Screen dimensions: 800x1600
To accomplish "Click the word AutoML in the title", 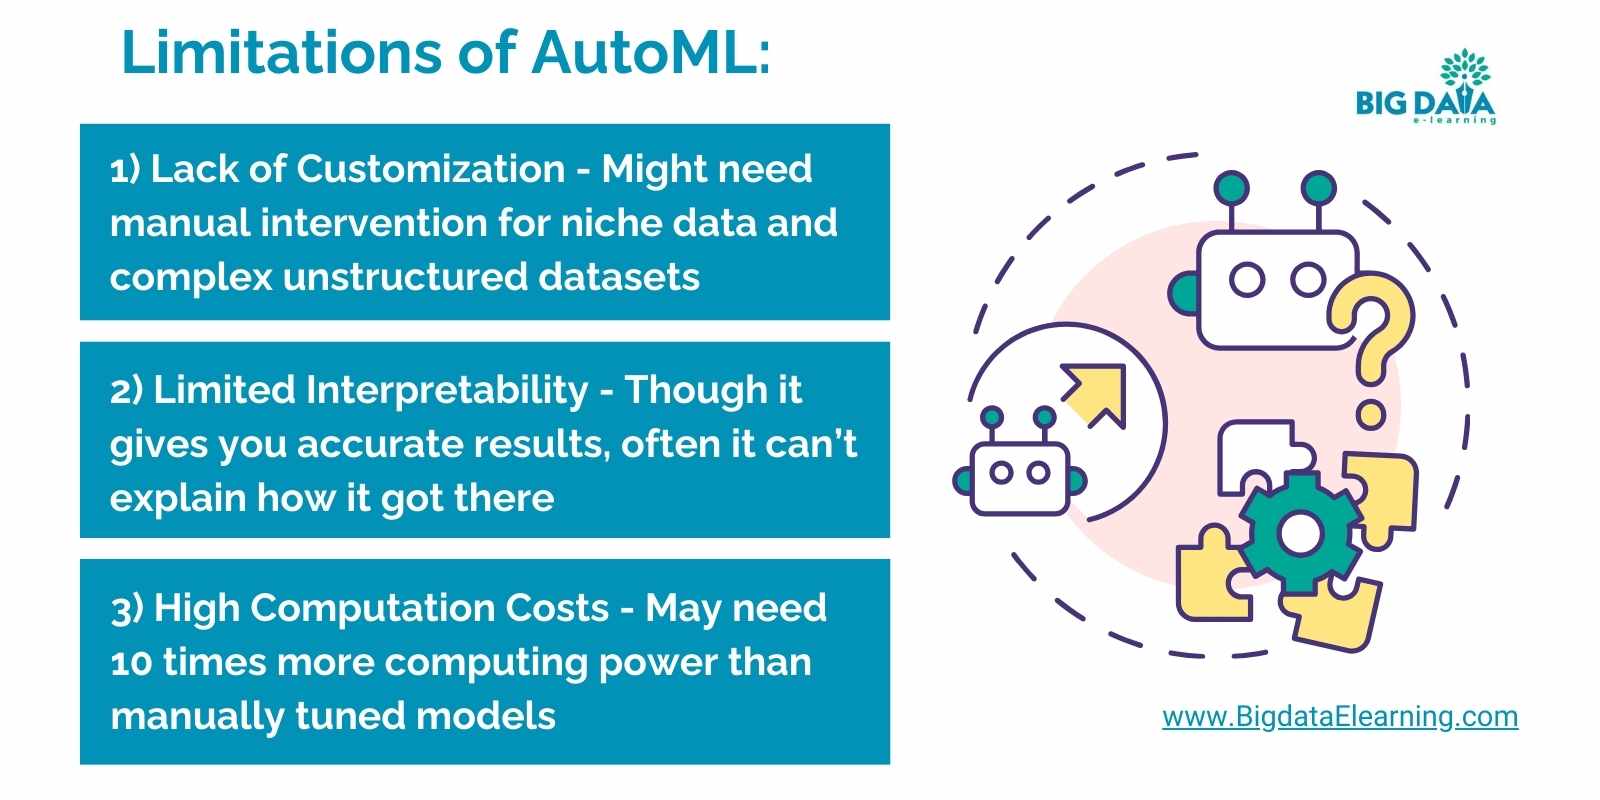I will [650, 52].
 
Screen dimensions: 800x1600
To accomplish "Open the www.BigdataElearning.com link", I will [1340, 716].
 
